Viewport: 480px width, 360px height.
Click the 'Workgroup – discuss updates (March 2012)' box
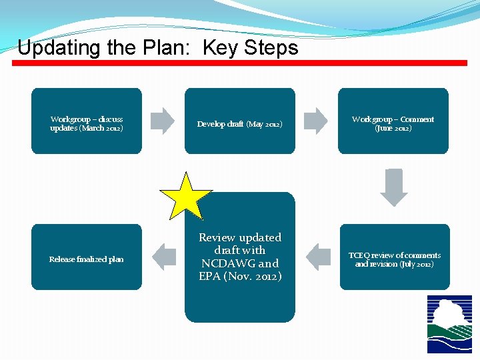(x=87, y=121)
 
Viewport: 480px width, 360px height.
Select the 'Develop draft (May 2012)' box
(x=240, y=121)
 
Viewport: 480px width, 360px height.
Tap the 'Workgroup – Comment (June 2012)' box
(x=393, y=121)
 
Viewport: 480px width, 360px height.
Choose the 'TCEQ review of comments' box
(x=395, y=257)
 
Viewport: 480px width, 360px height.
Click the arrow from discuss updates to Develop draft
(x=163, y=121)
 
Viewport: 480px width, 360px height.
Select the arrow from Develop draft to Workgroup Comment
(x=316, y=121)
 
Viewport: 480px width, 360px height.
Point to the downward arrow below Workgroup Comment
(x=393, y=187)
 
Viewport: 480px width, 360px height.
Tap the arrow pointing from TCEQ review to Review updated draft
(x=317, y=257)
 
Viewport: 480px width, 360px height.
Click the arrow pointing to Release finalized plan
(x=164, y=257)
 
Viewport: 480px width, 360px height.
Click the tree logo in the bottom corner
(x=449, y=324)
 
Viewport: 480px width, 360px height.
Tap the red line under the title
(x=240, y=63)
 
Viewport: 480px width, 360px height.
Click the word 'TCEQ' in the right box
(x=360, y=255)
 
